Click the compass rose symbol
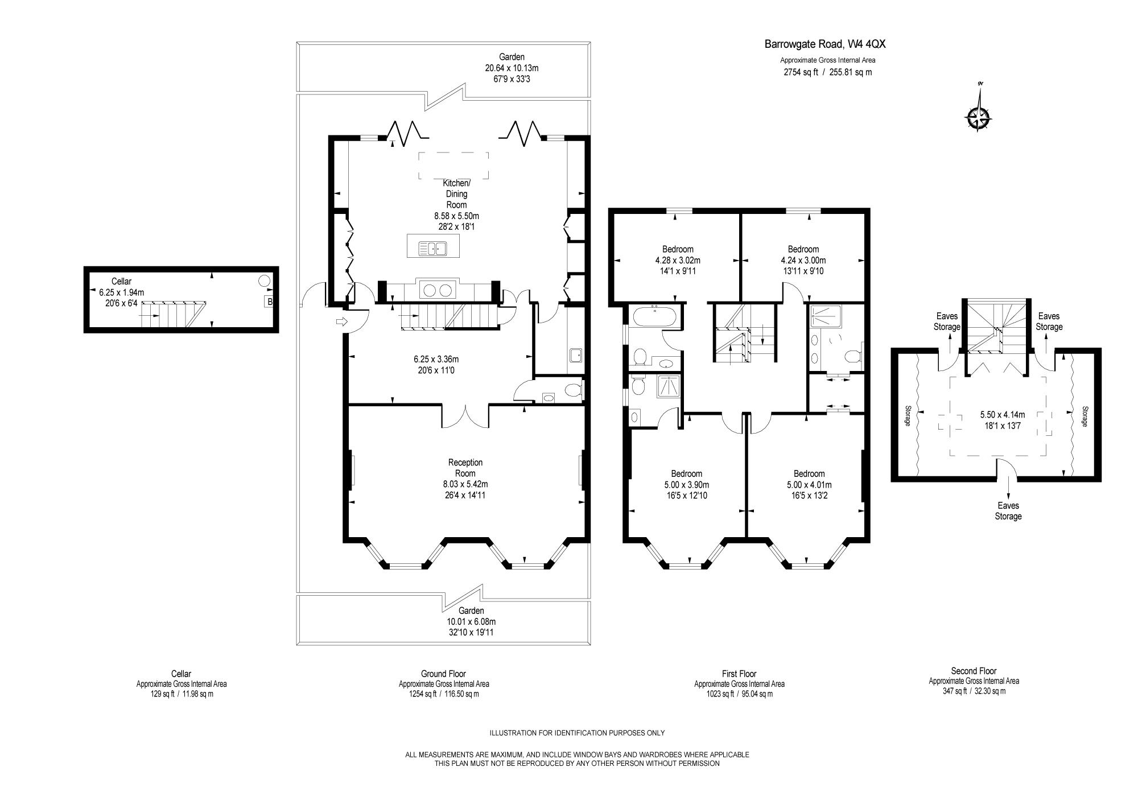(978, 118)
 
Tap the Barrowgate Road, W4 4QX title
(825, 44)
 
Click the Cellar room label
(121, 281)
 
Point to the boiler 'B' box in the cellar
(269, 302)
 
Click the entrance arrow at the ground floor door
(342, 322)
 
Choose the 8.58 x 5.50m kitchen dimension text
(456, 216)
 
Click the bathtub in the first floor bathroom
(654, 316)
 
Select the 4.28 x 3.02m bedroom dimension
(678, 260)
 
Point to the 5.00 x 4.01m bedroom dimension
(809, 485)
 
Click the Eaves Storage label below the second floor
(1008, 511)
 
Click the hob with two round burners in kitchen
(437, 291)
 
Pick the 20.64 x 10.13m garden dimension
(512, 68)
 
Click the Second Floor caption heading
(974, 671)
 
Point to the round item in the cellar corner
(265, 281)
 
